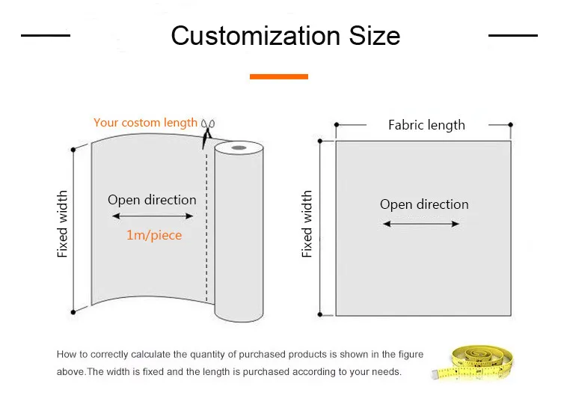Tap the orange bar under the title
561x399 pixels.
[279, 76]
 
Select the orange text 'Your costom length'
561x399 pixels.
[145, 123]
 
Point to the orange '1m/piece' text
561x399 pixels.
[153, 235]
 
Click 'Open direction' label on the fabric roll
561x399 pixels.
[152, 200]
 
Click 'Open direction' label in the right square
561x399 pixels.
[424, 204]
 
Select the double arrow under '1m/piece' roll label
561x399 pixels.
[153, 216]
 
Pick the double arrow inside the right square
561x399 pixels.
[421, 223]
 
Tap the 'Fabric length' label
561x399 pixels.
[426, 125]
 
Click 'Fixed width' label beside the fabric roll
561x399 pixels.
[63, 224]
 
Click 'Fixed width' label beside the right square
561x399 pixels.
[307, 224]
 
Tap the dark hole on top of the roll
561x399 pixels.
[239, 149]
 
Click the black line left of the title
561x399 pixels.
[45, 35]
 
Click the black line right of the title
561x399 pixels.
[512, 35]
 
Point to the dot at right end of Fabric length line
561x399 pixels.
[511, 125]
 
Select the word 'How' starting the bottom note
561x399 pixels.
[66, 355]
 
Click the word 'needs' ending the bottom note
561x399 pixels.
[386, 372]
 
